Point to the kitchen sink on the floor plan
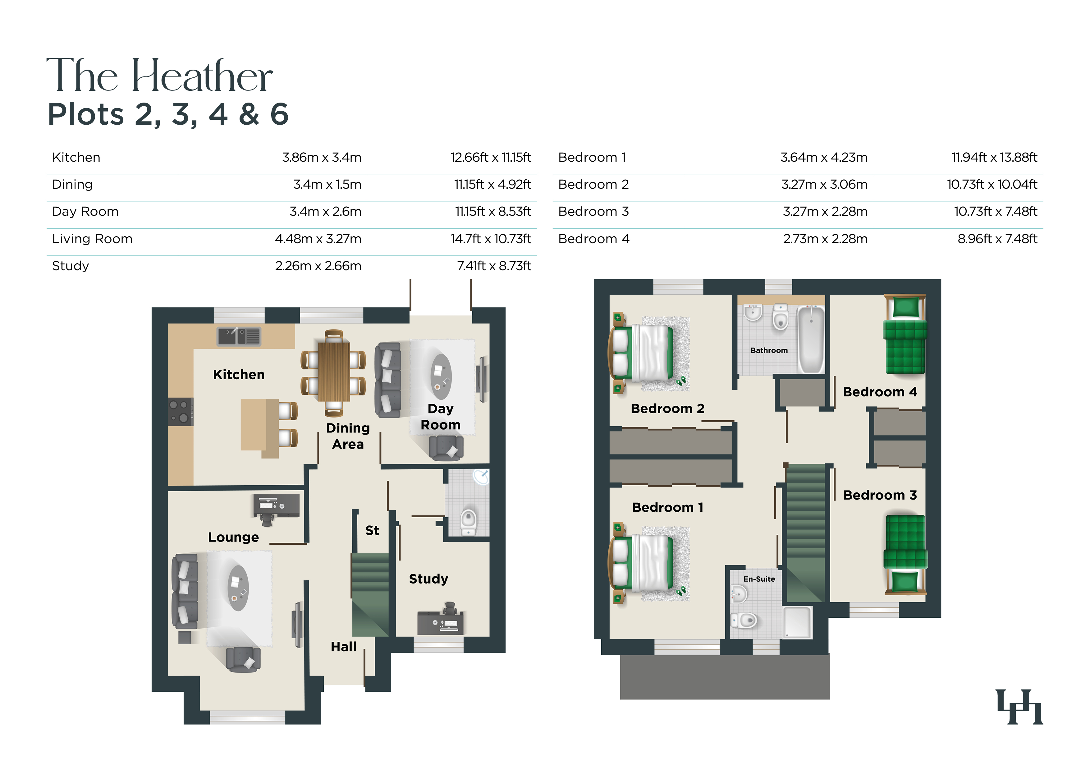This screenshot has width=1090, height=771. pyautogui.click(x=239, y=336)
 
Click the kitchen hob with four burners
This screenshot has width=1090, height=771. pyautogui.click(x=181, y=411)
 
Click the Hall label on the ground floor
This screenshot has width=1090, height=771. pyautogui.click(x=344, y=647)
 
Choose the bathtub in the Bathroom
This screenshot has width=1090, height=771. pyautogui.click(x=811, y=339)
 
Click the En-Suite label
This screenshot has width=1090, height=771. pyautogui.click(x=759, y=579)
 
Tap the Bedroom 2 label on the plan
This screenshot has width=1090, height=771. pyautogui.click(x=667, y=409)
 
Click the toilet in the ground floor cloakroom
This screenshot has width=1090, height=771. pyautogui.click(x=469, y=521)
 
